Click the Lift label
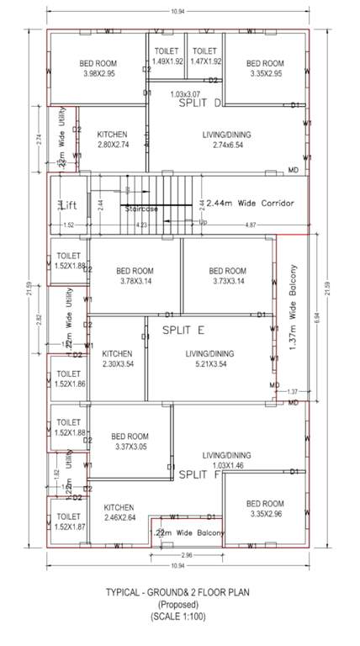point(67,204)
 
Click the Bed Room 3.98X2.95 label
point(98,68)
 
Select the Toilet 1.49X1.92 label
point(167,56)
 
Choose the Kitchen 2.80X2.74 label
point(112,140)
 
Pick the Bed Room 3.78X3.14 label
point(133,276)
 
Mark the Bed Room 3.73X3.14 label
point(226,276)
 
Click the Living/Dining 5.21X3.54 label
point(209,359)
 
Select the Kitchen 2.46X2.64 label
point(119,513)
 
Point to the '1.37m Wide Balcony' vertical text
point(294,314)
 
